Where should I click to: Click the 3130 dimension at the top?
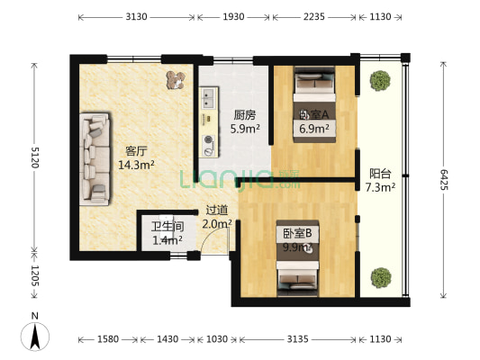[x=137, y=17]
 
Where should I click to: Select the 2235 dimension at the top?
[x=315, y=17]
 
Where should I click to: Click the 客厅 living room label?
[x=135, y=157]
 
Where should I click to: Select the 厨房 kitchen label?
[x=244, y=121]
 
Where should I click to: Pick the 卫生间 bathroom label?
[x=167, y=233]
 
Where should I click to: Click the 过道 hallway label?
[x=217, y=216]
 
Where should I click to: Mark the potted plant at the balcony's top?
[x=378, y=82]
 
